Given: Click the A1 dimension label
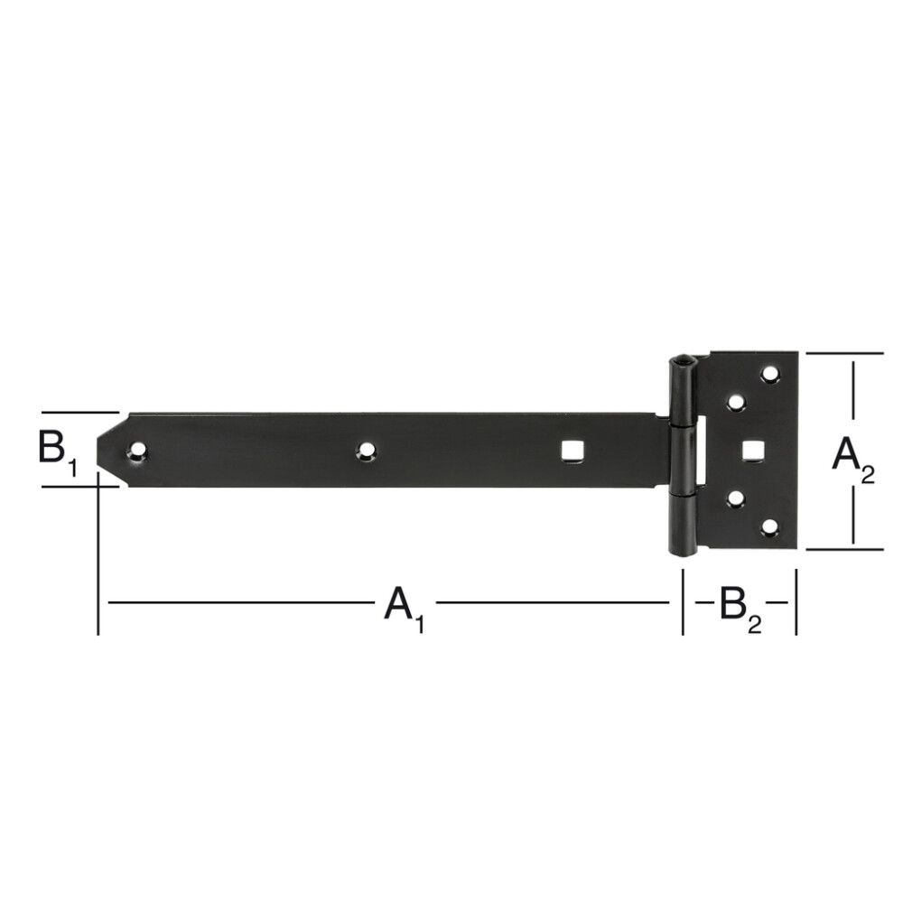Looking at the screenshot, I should tap(404, 604).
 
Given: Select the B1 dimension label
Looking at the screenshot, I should tap(57, 449).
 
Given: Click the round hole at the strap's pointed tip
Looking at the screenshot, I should tap(137, 450).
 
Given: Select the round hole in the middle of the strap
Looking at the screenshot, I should tap(365, 450).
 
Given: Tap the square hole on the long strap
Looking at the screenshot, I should tap(570, 450).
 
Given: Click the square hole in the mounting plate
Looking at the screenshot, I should tap(751, 449).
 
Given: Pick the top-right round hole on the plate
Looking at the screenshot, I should tap(770, 373).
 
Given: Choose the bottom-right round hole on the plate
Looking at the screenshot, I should tap(770, 526).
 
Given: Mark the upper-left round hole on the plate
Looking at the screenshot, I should tap(736, 400).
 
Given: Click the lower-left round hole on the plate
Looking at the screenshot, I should tap(736, 498).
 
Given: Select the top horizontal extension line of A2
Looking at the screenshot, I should tap(844, 353).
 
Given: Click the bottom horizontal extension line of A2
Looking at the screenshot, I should tap(844, 548).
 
